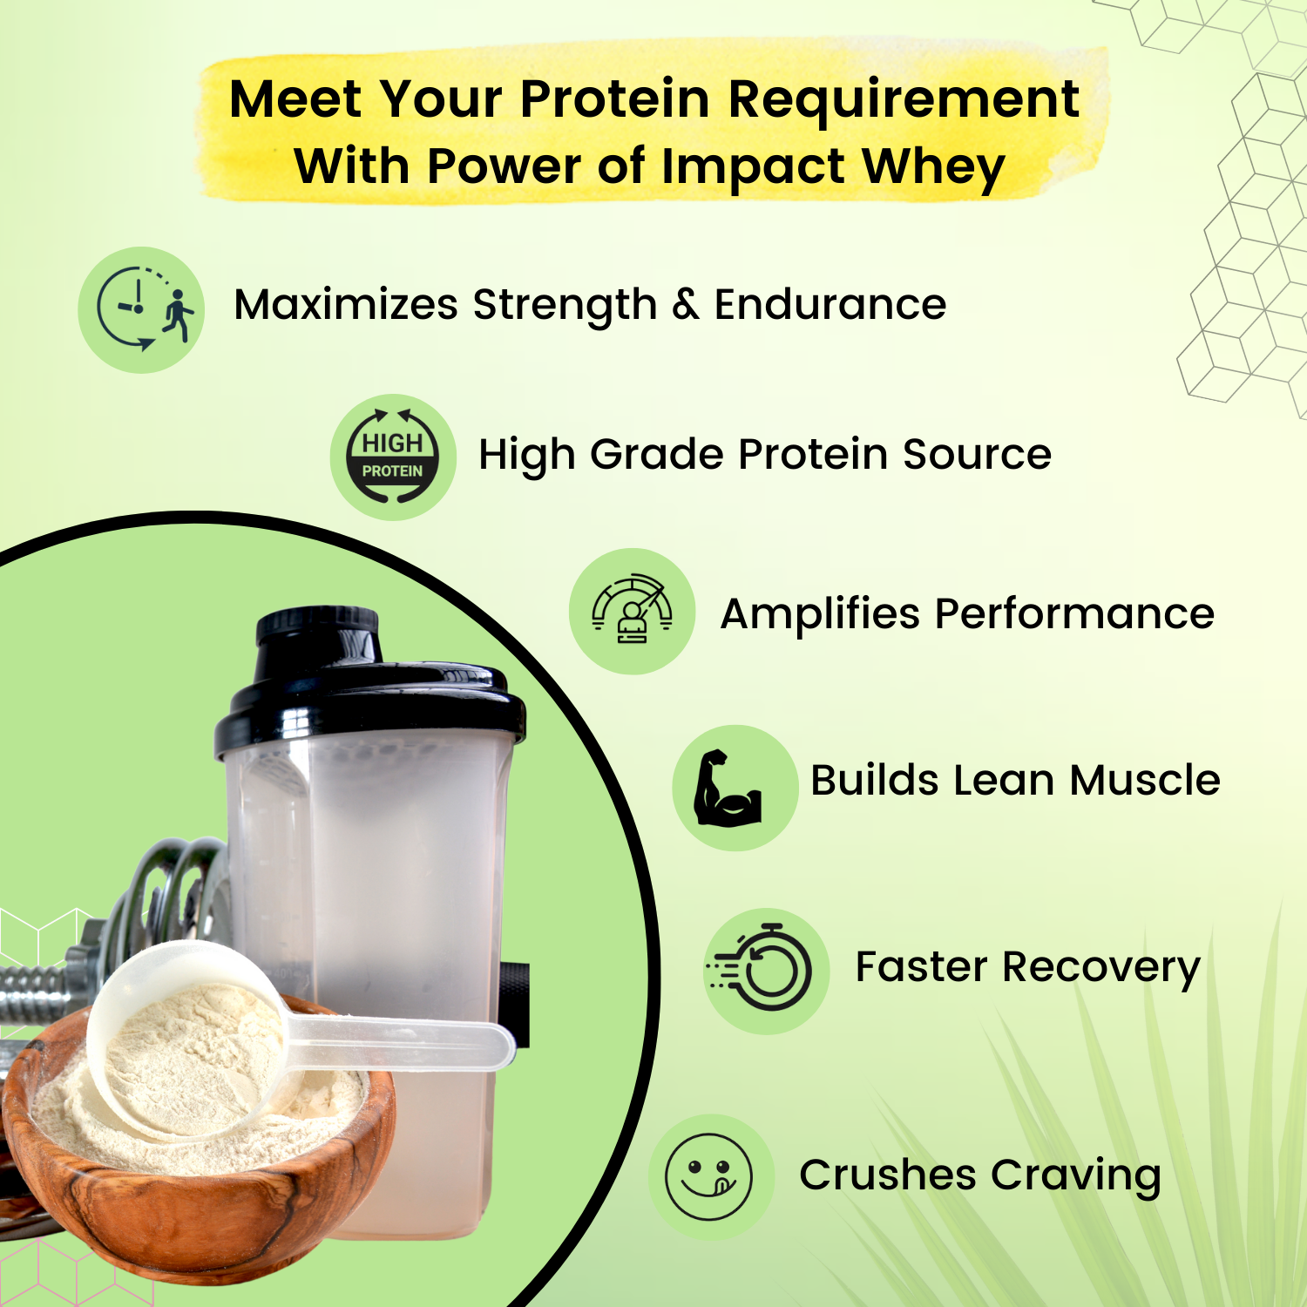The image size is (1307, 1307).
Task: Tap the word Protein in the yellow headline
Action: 615,99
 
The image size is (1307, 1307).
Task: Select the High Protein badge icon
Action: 393,457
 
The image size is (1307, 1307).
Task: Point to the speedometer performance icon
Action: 633,611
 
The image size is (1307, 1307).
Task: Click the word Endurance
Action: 830,305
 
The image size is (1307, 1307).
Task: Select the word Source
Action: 977,454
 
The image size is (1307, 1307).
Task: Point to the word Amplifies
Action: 820,614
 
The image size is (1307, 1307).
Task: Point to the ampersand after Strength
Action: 686,304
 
